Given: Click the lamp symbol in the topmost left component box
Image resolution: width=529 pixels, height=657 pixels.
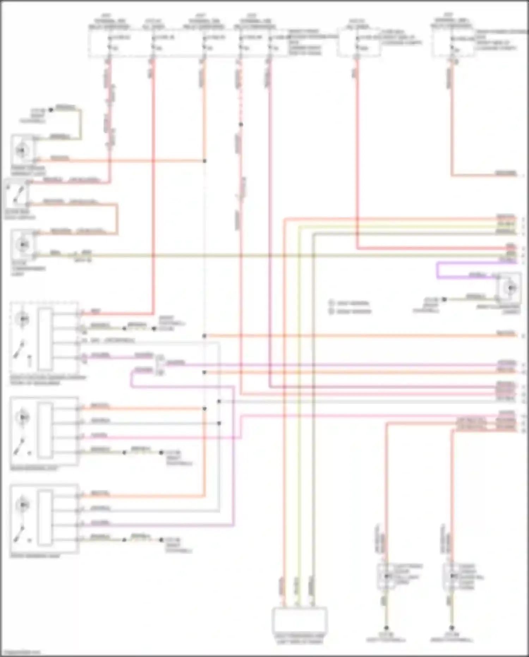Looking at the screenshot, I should point(22,151).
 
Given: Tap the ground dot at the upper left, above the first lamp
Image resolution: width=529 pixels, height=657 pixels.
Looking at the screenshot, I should point(51,110).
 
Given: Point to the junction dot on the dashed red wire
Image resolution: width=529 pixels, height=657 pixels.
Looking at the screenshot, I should point(241,125).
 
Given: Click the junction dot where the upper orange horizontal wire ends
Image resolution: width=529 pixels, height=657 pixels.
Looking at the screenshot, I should point(205,161).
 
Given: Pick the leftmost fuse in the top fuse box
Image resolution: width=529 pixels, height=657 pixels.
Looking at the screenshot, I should point(109,47).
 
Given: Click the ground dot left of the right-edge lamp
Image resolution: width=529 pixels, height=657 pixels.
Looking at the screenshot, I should point(444,299).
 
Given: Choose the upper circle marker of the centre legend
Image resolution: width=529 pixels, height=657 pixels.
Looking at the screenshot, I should point(331,303).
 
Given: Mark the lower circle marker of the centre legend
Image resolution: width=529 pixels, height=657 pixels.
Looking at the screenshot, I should point(331,311).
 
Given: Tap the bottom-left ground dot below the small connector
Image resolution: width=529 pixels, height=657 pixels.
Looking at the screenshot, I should point(386,628).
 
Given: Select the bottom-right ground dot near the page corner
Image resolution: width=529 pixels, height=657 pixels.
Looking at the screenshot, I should point(451,628).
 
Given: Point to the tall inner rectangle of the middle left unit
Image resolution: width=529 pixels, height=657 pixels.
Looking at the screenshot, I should point(45,430).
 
